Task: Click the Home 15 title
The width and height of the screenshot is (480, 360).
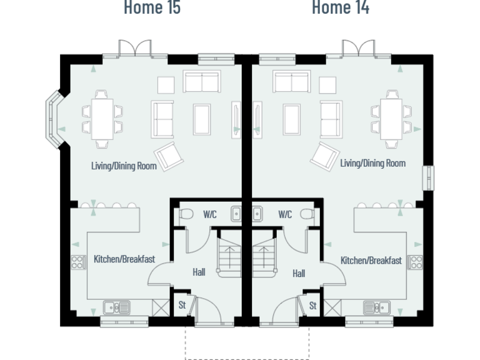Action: pyautogui.click(x=152, y=8)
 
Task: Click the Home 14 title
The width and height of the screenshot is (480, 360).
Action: pyautogui.click(x=340, y=8)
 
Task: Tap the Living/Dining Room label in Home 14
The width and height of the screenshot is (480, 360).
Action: pyautogui.click(x=372, y=163)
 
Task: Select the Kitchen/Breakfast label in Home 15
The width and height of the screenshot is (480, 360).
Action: pyautogui.click(x=124, y=259)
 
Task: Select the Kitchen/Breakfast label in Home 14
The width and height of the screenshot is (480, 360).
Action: pyautogui.click(x=371, y=260)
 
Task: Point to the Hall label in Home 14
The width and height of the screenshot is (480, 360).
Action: pyautogui.click(x=299, y=273)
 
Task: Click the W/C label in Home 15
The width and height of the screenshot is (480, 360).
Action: pyautogui.click(x=209, y=214)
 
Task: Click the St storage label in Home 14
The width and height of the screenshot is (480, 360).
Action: pyautogui.click(x=312, y=306)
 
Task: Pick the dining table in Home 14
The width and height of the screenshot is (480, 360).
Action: pyautogui.click(x=392, y=116)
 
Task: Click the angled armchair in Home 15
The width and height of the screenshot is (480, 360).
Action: pyautogui.click(x=169, y=156)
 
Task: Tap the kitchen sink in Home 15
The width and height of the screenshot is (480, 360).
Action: pyautogui.click(x=116, y=307)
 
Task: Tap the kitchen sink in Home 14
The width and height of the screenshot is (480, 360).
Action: pyautogui.click(x=377, y=307)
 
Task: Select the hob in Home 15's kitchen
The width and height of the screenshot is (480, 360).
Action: pyautogui.click(x=78, y=262)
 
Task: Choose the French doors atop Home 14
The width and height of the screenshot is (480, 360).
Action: pyautogui.click(x=358, y=49)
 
